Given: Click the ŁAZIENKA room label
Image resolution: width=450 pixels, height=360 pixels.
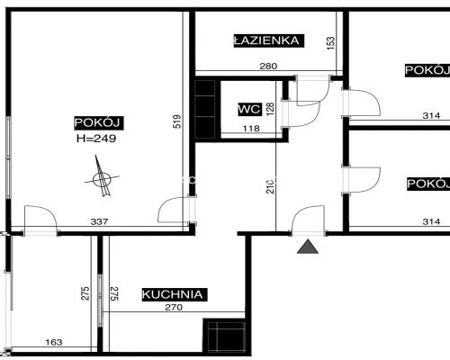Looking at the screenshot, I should point(266,40).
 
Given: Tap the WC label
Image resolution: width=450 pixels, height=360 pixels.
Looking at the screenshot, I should point(248,109).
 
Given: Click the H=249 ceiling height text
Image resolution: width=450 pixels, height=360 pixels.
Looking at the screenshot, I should point(96,139).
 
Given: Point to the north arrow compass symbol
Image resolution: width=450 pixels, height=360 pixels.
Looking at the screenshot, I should point(102,179).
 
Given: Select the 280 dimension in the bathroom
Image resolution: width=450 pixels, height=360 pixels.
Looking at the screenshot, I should point(267,66).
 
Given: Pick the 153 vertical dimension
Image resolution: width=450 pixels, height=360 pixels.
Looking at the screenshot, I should point(331,42).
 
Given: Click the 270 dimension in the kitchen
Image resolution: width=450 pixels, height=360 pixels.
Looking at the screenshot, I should point(173,309).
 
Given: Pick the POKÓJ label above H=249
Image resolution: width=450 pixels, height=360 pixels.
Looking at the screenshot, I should point(97,123).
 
